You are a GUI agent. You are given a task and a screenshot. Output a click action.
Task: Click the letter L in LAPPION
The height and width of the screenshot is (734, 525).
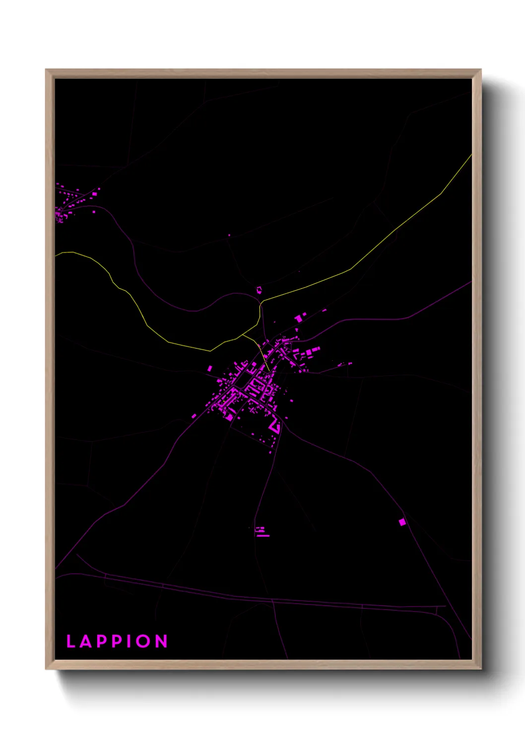coord(70,641)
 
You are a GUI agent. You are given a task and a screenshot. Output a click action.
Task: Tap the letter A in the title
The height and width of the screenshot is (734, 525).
coord(86,641)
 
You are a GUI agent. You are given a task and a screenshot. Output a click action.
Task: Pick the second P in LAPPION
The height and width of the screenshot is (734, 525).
coord(116,641)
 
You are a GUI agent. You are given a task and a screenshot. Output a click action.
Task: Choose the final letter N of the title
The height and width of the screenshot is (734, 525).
coord(162,641)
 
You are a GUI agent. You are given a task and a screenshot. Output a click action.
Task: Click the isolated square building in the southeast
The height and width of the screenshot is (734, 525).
coord(402,522)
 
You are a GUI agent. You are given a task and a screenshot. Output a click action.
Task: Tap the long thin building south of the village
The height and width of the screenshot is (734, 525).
coord(262,536)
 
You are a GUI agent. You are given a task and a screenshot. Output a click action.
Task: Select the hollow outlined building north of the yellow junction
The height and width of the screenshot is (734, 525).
coord(259,290)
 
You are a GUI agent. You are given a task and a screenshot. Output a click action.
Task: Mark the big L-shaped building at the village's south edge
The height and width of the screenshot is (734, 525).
coord(274,425)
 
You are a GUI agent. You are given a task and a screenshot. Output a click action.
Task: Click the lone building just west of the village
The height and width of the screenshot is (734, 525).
coord(210,368)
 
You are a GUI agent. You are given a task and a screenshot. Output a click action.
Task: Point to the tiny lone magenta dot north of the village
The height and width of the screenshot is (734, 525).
coord(229,235)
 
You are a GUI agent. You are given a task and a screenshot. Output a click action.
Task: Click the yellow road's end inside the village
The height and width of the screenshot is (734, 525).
coord(268,370)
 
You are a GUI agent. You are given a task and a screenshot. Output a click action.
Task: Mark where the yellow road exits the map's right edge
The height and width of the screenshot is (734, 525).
coord(471,155)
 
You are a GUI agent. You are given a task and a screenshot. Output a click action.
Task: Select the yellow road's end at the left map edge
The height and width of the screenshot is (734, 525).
coord(56,255)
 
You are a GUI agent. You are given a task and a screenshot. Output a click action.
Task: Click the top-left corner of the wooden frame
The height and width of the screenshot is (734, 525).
coord(46,70)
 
